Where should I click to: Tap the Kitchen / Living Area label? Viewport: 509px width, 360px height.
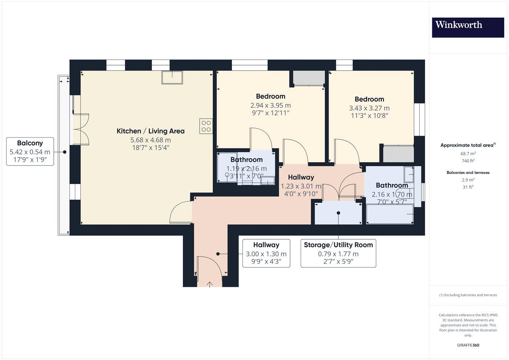(x=151, y=131)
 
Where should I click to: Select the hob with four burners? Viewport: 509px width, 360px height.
(x=206, y=126)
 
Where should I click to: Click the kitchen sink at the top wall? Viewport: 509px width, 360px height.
(x=172, y=77)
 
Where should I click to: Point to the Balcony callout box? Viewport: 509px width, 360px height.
(x=30, y=151)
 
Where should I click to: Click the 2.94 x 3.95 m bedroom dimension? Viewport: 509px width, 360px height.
(x=270, y=105)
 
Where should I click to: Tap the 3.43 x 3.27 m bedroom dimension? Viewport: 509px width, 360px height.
(x=369, y=108)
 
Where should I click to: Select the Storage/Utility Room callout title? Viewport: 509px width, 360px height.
(x=338, y=245)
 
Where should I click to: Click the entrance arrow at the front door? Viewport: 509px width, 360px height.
(x=210, y=284)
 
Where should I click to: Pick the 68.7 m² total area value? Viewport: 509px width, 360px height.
(x=468, y=153)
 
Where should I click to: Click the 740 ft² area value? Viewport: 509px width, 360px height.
(x=468, y=161)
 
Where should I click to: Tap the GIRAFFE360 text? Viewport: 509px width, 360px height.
(x=468, y=345)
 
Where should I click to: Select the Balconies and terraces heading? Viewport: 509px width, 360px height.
(x=468, y=172)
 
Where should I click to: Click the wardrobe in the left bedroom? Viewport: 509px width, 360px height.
(x=309, y=78)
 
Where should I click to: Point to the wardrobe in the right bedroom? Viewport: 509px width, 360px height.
(x=398, y=153)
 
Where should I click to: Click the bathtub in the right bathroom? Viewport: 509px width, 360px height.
(x=390, y=214)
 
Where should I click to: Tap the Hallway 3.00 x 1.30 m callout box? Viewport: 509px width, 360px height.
(x=266, y=253)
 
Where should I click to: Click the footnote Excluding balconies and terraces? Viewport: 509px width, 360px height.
(x=468, y=295)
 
